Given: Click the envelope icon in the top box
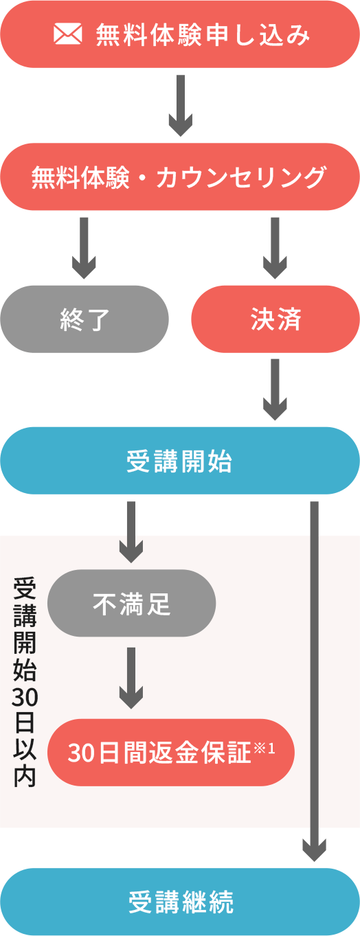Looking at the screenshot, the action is [68, 34].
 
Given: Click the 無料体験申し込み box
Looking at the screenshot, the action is [180, 34].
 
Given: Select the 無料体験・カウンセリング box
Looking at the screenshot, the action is [180, 176].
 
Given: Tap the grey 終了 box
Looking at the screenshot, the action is [84, 319].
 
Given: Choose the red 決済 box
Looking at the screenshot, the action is [275, 319].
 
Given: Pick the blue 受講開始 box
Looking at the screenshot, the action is [180, 461].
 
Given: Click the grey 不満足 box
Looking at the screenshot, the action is [132, 604].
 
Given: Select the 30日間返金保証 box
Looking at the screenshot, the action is [171, 753].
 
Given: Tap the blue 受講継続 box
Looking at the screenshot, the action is [180, 902].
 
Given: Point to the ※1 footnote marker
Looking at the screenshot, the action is [265, 748].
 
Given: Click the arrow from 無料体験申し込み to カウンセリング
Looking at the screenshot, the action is [181, 106].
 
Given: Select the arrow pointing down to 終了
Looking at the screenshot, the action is [84, 248].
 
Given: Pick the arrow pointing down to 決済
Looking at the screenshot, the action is [275, 248].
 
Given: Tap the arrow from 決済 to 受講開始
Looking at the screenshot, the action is [275, 390].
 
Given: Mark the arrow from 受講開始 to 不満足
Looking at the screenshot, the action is [131, 532].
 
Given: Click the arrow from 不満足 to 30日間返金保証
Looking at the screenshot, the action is [131, 678].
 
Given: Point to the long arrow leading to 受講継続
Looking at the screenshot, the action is [315, 681].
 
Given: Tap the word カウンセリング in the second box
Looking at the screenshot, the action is [241, 177].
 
